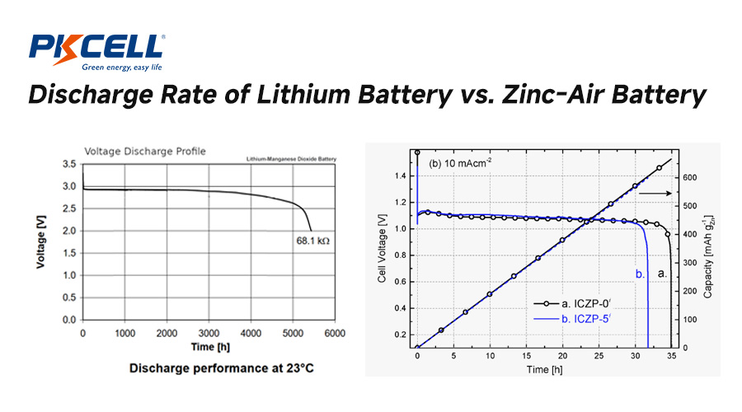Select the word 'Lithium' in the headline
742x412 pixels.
pyautogui.click(x=299, y=96)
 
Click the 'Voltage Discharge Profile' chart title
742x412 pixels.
pyautogui.click(x=145, y=151)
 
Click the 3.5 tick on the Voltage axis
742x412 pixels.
pyautogui.click(x=71, y=164)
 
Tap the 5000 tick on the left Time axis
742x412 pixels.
pyautogui.click(x=293, y=332)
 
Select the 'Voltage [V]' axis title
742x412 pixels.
pyautogui.click(x=41, y=241)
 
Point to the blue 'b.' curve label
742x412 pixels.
pyautogui.click(x=639, y=272)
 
